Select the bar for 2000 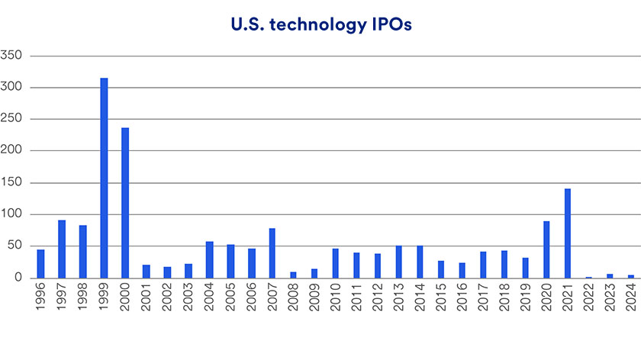[x=125, y=203]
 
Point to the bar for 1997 [x=62, y=249]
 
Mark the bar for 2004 [x=209, y=260]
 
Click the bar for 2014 [x=420, y=262]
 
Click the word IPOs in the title [x=388, y=25]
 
